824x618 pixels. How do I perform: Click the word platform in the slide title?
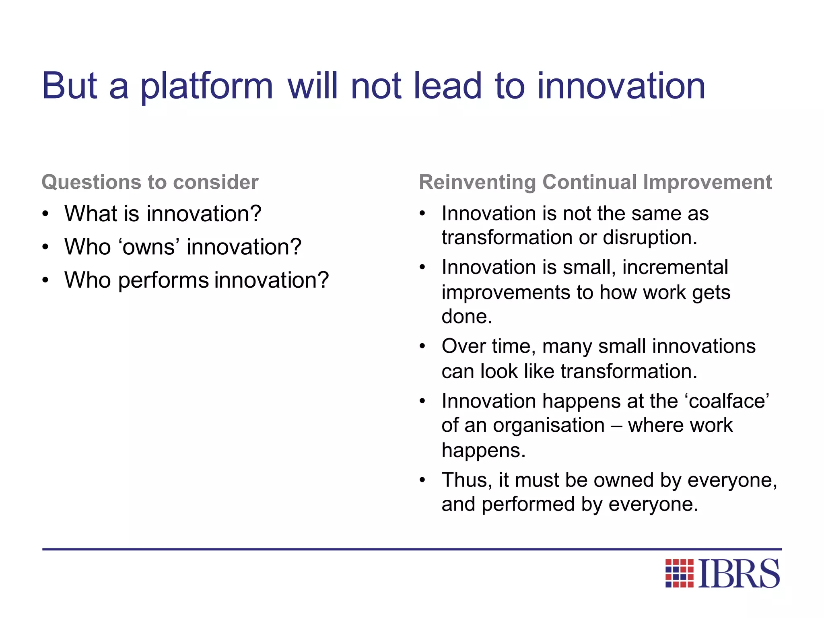(206, 87)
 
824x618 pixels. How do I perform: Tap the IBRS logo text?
(739, 574)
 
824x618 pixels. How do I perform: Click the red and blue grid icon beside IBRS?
(680, 573)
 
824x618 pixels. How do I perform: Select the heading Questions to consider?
(150, 182)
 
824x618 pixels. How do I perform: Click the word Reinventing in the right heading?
(477, 182)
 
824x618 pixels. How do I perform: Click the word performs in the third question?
(163, 280)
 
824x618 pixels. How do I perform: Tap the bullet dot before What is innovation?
(45, 214)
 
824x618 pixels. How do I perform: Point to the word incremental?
(675, 268)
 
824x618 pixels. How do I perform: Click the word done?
(467, 317)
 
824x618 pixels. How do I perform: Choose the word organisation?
(549, 426)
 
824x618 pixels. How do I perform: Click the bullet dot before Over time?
(422, 347)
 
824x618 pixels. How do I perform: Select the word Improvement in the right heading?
(707, 182)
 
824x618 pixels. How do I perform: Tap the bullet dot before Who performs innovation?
(45, 280)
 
